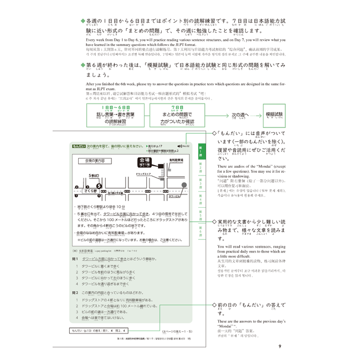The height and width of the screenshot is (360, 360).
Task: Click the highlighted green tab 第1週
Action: (x=202, y=151)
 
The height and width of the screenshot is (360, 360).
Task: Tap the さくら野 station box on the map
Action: (x=89, y=190)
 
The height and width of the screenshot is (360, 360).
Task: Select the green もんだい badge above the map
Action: (x=79, y=147)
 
